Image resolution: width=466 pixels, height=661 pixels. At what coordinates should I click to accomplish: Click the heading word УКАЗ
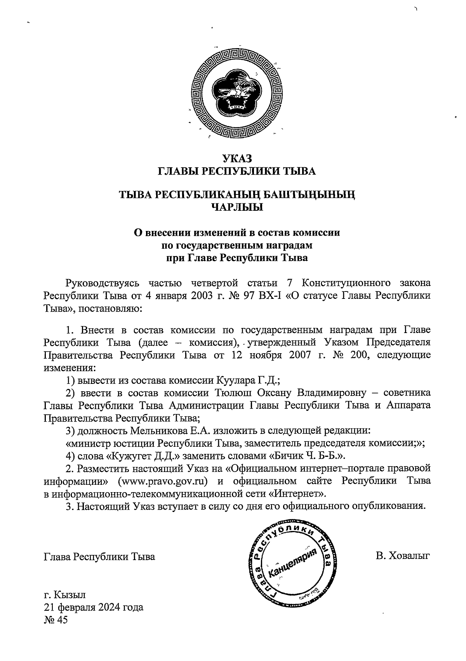(x=236, y=158)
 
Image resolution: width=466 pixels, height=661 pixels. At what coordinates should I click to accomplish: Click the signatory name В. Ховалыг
(x=403, y=557)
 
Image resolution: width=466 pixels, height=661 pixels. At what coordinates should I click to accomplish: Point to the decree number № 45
(x=56, y=620)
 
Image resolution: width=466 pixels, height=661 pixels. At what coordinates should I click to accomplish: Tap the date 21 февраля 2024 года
(x=93, y=607)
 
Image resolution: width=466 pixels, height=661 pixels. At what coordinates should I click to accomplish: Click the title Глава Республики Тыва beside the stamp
(x=99, y=557)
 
